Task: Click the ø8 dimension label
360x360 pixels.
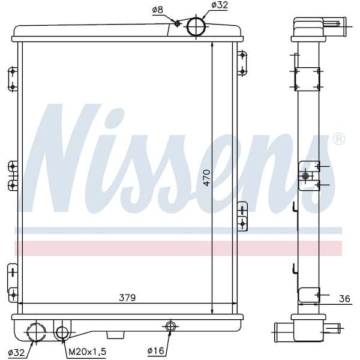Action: point(157,10)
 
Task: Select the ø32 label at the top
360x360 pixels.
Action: point(220,5)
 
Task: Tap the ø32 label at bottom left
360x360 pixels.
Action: point(16,353)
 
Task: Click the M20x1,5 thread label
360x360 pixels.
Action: point(87,352)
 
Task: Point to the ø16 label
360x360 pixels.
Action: point(155,350)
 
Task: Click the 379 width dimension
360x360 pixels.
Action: point(127,298)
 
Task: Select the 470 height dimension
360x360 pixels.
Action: point(206,178)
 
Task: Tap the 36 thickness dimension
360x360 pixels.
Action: point(344,299)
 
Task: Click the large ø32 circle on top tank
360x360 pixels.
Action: point(196,26)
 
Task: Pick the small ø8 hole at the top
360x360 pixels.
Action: point(177,23)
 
